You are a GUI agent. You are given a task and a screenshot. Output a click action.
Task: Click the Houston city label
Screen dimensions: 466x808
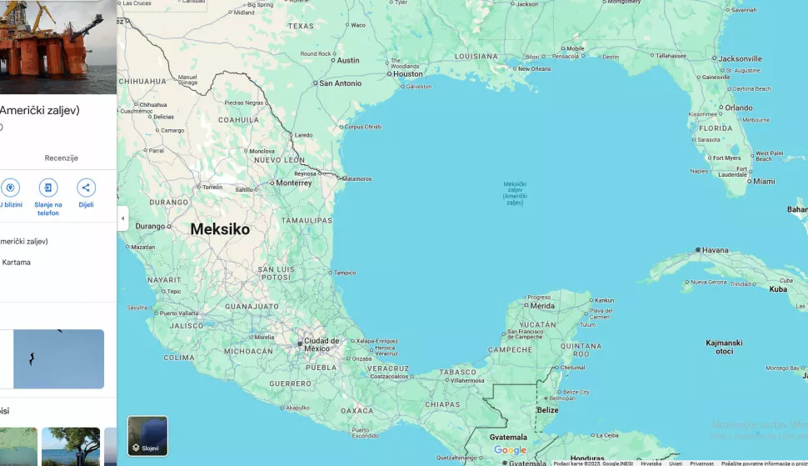click(x=408, y=73)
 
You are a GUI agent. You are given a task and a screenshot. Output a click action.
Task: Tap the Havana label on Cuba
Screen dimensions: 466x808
click(x=715, y=250)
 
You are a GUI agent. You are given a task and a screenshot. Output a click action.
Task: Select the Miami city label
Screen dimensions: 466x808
click(x=763, y=181)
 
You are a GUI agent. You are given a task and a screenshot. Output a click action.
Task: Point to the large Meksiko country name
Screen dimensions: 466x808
click(x=220, y=229)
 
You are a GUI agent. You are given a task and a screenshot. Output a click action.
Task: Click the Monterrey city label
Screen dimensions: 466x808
click(x=293, y=183)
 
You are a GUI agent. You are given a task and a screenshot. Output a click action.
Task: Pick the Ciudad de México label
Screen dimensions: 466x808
click(x=322, y=343)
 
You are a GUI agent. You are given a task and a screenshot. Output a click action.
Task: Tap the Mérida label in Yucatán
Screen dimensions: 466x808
click(x=541, y=306)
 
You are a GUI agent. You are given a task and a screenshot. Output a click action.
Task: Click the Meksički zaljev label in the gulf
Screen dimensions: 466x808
click(x=516, y=193)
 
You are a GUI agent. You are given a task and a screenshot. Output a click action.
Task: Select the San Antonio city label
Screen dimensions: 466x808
click(x=341, y=83)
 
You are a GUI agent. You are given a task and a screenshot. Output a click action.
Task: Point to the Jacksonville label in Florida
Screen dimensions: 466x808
click(x=740, y=59)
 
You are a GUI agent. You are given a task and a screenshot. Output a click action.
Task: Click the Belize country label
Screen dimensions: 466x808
click(x=547, y=410)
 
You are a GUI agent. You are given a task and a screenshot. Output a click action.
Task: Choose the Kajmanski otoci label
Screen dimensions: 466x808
click(x=724, y=347)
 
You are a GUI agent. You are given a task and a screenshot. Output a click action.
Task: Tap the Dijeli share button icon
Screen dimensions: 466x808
click(x=86, y=188)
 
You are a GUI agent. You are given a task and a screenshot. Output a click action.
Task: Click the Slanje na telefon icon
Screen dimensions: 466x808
click(x=48, y=188)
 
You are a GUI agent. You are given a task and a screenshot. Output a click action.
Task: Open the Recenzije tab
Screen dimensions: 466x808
click(x=61, y=158)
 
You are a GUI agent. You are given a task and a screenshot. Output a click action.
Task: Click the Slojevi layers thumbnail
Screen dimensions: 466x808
click(x=147, y=436)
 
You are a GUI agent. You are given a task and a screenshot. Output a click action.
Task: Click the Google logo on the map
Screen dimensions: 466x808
click(x=510, y=450)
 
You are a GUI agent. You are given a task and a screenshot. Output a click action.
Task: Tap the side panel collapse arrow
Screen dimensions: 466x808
click(x=122, y=218)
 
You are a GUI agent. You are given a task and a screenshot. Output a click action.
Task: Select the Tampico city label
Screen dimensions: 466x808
click(x=345, y=273)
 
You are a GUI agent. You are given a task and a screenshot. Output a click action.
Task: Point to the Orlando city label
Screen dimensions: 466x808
click(x=738, y=108)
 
